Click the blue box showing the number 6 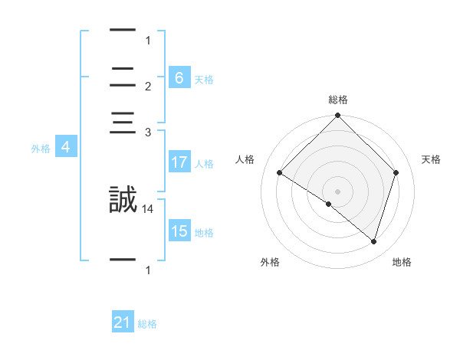[x=179, y=77]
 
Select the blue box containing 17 [x=179, y=162]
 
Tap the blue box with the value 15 [x=179, y=231]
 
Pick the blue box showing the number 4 [x=66, y=147]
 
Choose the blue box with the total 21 [x=123, y=322]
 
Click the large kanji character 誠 [x=123, y=200]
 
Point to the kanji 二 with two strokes [x=123, y=77]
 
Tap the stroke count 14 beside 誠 [x=148, y=208]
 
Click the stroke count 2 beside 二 [x=148, y=86]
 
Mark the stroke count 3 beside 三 [x=148, y=133]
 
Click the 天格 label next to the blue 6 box [x=204, y=79]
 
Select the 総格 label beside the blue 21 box [x=147, y=324]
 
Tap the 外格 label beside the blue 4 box [x=41, y=149]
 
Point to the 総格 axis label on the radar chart [x=337, y=100]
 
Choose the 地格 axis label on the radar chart [x=402, y=262]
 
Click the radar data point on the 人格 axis [x=279, y=173]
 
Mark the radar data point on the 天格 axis [x=396, y=173]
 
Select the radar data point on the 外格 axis [x=329, y=204]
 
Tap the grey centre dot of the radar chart [x=337, y=191]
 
